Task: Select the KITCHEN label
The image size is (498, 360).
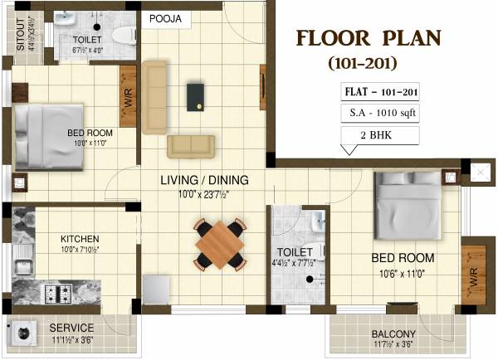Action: pos(80,238)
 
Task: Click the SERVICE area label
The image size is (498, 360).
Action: pos(70,328)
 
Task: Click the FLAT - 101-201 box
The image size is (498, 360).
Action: pos(378,91)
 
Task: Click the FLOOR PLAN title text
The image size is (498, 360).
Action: pos(369,40)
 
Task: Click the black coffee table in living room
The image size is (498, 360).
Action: pos(197,95)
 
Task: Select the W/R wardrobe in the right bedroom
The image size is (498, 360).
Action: pos(473,270)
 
